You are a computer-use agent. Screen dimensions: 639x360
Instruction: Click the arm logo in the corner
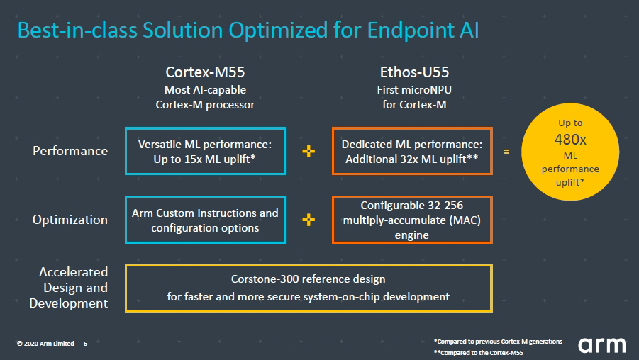tap(601, 345)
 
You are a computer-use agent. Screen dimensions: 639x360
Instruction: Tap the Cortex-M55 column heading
tap(205, 72)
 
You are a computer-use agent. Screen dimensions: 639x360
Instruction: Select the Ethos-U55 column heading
tap(414, 72)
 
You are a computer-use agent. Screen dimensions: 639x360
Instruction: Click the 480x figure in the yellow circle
tap(570, 140)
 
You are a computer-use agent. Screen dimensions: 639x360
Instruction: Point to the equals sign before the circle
tap(506, 152)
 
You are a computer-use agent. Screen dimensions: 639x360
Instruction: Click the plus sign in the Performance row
tap(309, 151)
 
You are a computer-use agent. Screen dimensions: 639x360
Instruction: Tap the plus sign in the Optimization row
tap(309, 220)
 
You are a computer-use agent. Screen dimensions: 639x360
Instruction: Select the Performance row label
tap(70, 151)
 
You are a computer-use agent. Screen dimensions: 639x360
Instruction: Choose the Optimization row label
tap(70, 220)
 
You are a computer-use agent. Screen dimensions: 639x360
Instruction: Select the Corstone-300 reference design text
tap(308, 279)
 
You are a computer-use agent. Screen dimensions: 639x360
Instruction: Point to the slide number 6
tap(85, 344)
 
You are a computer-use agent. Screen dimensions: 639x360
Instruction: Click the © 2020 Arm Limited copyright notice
tap(45, 344)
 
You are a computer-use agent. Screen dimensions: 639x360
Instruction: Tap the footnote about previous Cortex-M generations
tap(498, 342)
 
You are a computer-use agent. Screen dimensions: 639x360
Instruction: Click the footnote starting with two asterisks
tap(479, 353)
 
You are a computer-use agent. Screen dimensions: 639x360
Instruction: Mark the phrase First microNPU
tap(414, 89)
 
